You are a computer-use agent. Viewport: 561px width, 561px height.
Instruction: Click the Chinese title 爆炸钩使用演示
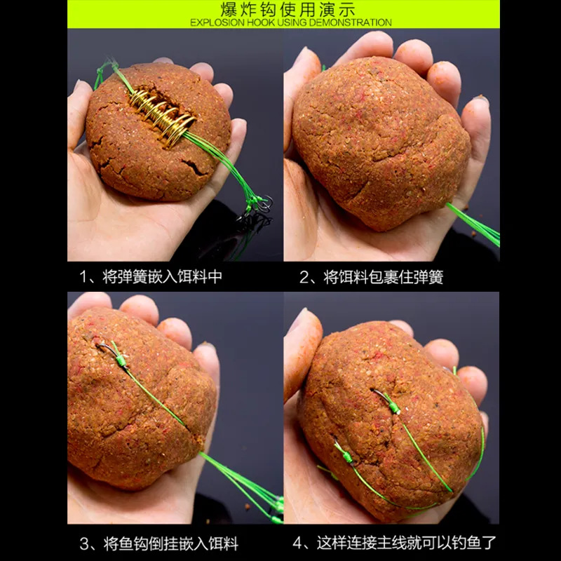click(288, 9)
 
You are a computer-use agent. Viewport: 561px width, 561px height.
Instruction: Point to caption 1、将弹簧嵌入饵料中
click(151, 276)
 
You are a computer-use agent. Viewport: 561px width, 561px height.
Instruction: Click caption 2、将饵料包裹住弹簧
click(372, 277)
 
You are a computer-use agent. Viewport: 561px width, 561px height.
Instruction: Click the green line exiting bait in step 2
click(473, 224)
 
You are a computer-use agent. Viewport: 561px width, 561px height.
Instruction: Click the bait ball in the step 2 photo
click(379, 143)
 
